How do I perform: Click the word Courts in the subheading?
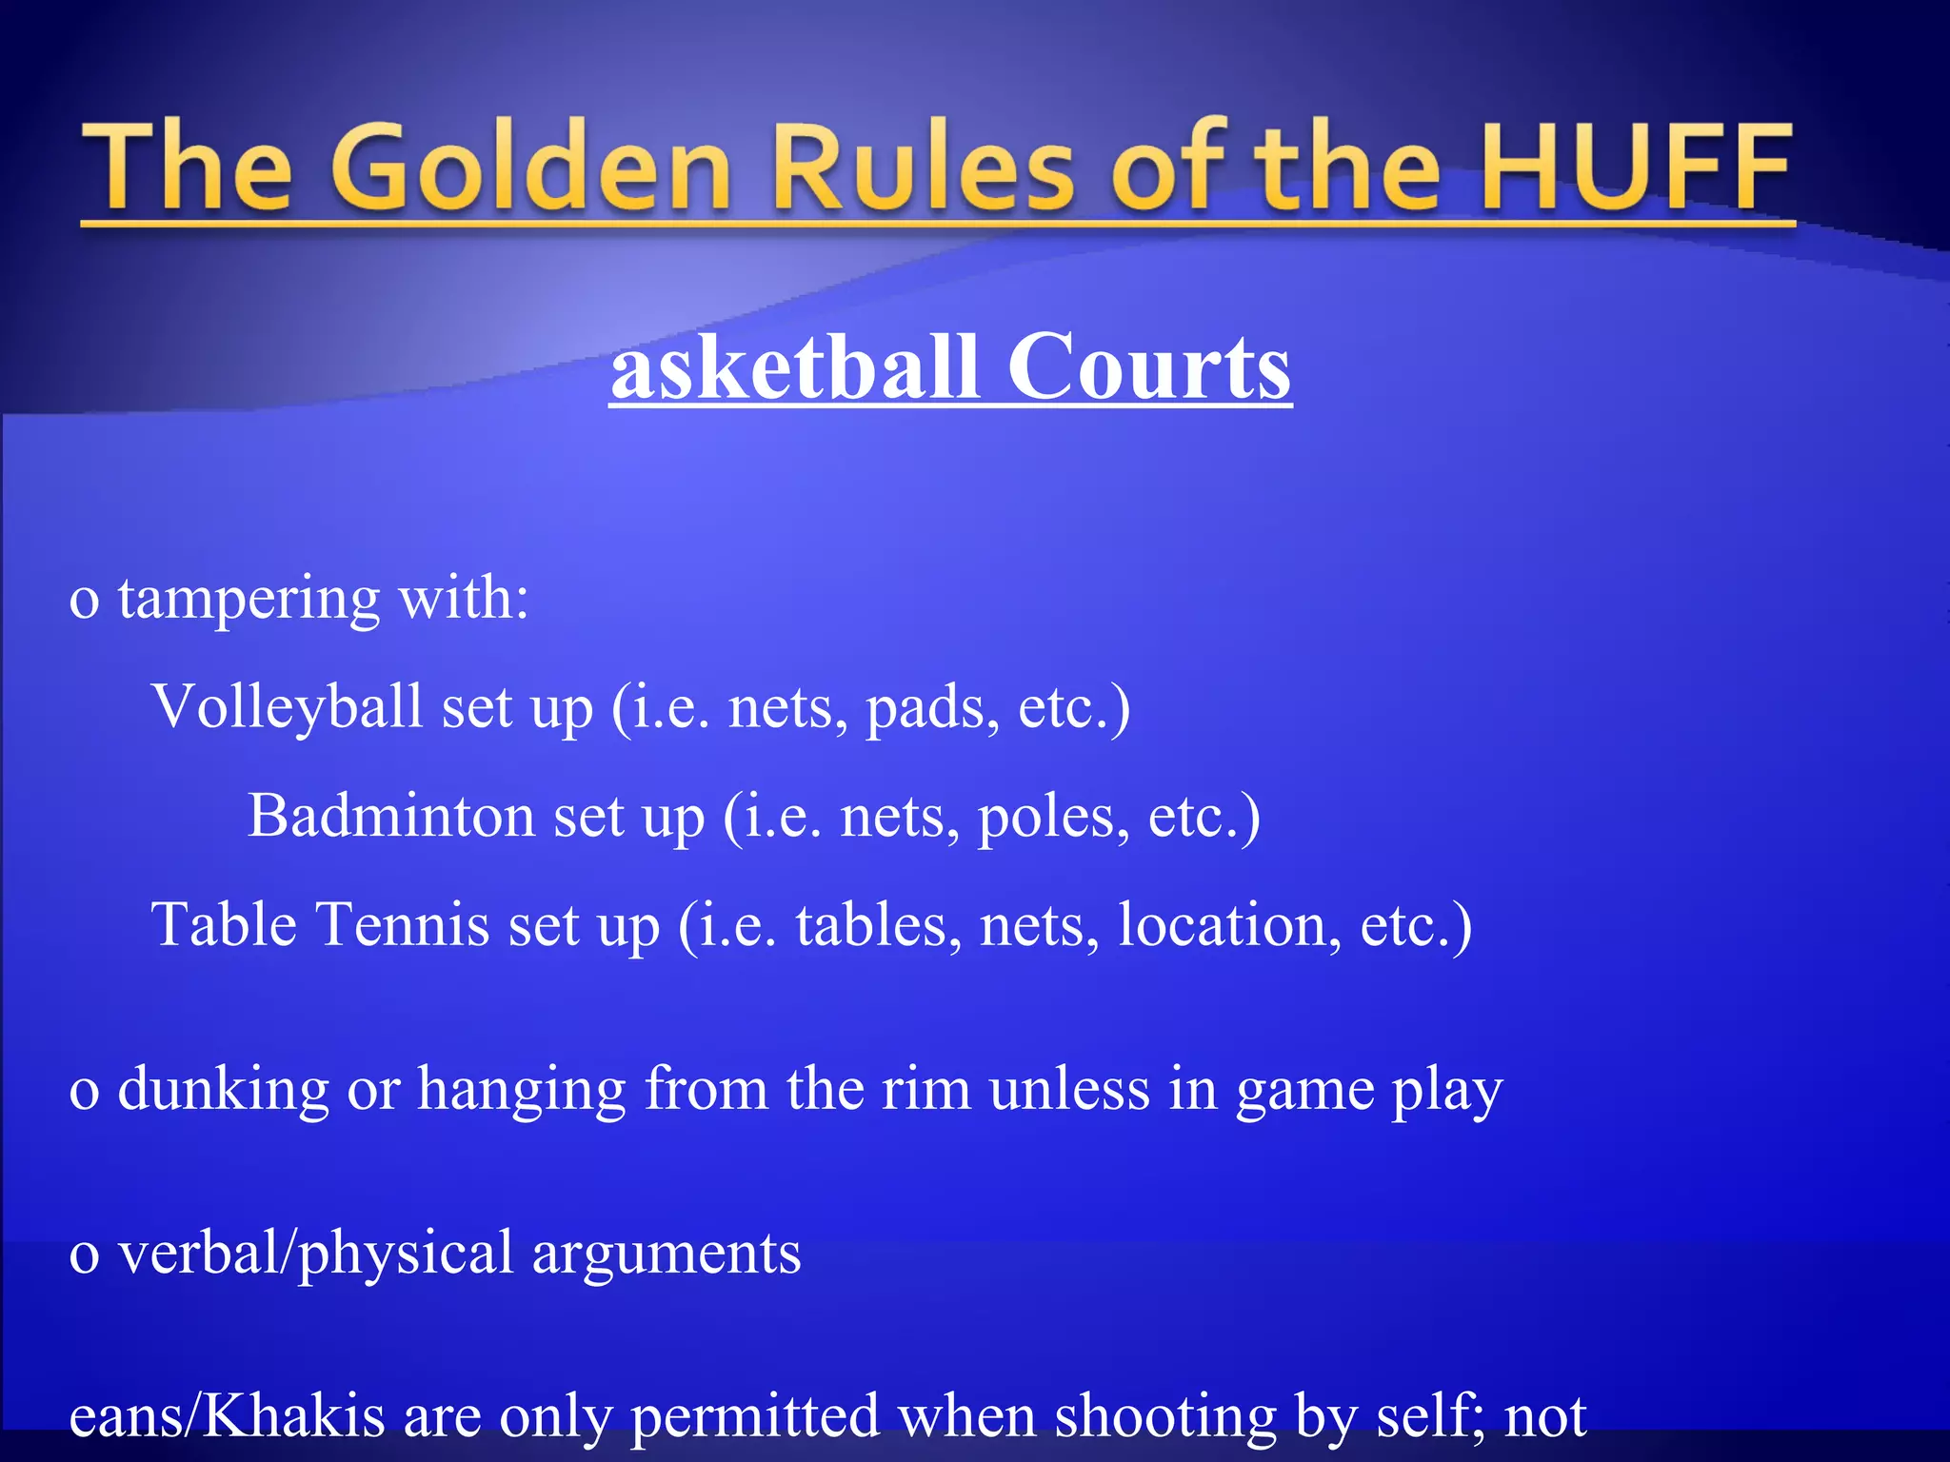click(x=1148, y=367)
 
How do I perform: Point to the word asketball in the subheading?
click(x=795, y=367)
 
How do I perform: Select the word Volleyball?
click(x=287, y=707)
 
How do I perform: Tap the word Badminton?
click(x=391, y=817)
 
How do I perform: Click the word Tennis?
click(x=401, y=924)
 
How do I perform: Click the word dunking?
click(x=223, y=1090)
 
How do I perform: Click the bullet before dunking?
click(x=84, y=1092)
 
